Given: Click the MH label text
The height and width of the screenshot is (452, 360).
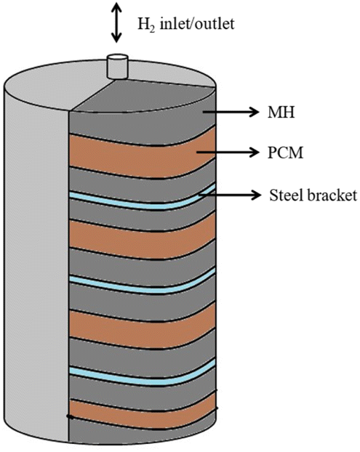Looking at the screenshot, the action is click(281, 112).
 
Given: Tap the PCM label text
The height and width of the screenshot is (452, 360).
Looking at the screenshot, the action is click(286, 153).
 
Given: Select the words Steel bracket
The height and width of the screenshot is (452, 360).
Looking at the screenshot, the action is click(313, 195).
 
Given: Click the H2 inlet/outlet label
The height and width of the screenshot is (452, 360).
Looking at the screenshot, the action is click(186, 24).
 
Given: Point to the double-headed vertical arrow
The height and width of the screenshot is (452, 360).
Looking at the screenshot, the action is click(116, 23).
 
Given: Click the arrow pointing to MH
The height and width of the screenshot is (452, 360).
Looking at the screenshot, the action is click(231, 112).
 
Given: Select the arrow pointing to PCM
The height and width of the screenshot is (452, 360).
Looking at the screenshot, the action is click(228, 152).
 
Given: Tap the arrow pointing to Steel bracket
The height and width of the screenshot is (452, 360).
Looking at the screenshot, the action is click(230, 195).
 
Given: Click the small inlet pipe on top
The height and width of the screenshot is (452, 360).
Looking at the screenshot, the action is click(117, 66).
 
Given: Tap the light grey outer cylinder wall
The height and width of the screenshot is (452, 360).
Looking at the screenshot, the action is click(36, 259).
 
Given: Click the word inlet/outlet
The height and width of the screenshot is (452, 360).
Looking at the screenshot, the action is click(197, 23).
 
